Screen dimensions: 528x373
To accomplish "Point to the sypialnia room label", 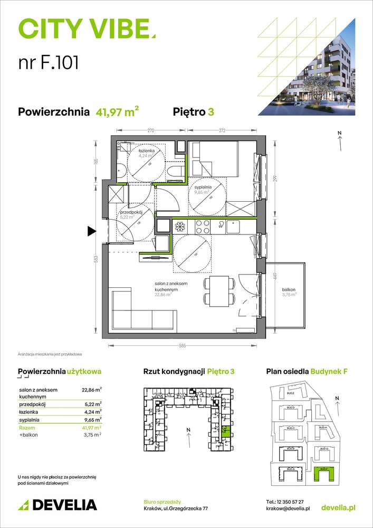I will pos(203,187).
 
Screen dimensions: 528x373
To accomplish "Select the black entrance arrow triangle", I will pos(91,230).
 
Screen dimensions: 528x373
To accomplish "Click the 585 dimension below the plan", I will pos(182,346).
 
